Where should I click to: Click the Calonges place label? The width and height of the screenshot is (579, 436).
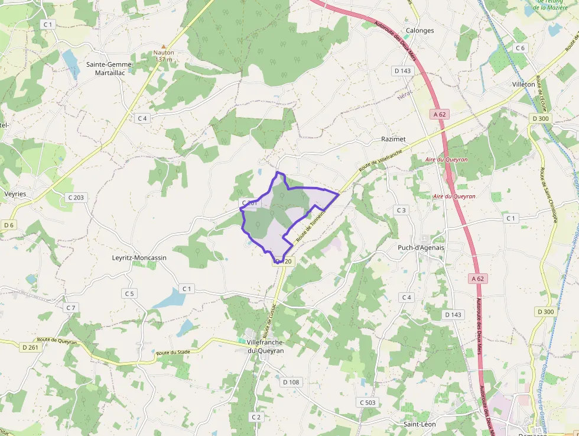point(420,31)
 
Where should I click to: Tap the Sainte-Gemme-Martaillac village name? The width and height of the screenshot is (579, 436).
point(110,69)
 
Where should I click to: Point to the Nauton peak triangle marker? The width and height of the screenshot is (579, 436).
point(164,46)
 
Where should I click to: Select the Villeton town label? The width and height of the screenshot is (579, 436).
point(523,85)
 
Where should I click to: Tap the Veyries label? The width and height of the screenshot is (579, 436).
point(16,193)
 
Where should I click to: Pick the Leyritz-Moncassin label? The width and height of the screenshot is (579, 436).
point(139,258)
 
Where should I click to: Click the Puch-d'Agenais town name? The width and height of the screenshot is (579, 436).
point(421,247)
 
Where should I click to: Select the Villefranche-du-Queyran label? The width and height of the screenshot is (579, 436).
point(265,347)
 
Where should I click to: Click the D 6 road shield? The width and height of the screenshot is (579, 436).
point(9,225)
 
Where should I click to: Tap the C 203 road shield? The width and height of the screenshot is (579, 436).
point(76,197)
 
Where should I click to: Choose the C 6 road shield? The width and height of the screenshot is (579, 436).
point(520,48)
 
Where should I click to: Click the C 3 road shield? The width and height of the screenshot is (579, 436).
point(402,210)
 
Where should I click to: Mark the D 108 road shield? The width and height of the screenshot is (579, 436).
point(291,382)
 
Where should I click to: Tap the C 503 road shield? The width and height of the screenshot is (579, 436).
point(367,402)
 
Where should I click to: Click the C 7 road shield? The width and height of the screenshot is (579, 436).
point(71,308)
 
